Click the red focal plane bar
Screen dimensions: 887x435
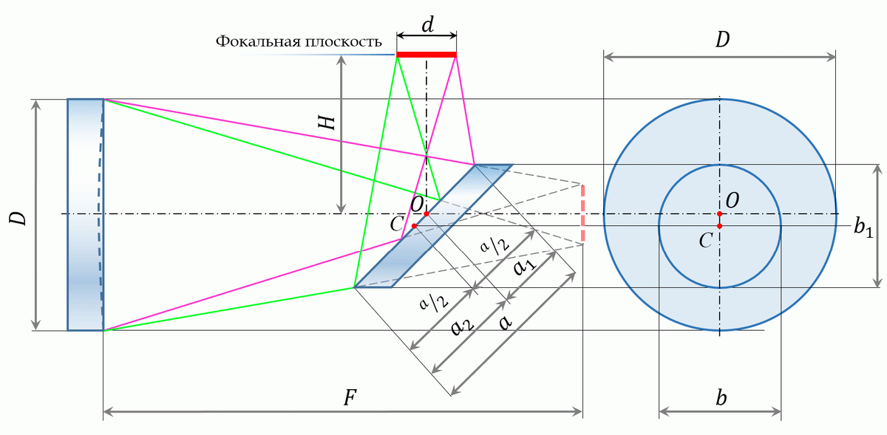(426, 55)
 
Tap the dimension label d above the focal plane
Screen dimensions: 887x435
(428, 25)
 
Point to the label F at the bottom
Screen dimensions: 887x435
(350, 398)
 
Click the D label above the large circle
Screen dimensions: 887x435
(723, 40)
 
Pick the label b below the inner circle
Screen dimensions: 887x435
(721, 398)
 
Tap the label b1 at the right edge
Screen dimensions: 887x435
(863, 227)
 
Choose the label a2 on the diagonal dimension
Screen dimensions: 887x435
(462, 326)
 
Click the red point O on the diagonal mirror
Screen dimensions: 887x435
(426, 213)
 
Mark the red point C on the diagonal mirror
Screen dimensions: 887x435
(414, 226)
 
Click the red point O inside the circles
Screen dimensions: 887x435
(719, 213)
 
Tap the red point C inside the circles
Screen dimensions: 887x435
(719, 226)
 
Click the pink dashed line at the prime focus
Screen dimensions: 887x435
(583, 213)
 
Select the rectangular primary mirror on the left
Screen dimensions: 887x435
(86, 214)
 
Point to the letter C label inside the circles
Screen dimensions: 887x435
(706, 241)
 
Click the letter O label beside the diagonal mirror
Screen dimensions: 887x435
(418, 205)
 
